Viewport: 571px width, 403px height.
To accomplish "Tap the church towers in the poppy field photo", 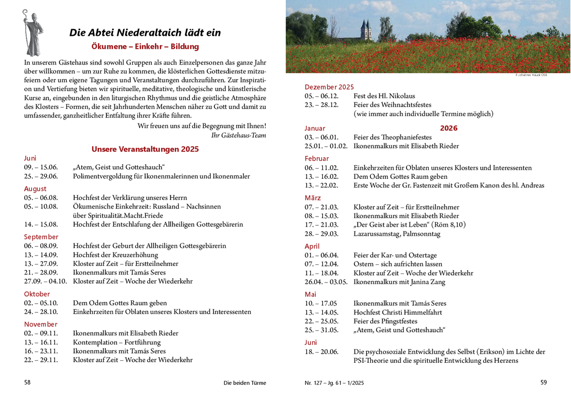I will click(x=366, y=30).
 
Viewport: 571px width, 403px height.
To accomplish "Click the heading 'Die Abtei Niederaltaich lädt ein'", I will click(x=145, y=33).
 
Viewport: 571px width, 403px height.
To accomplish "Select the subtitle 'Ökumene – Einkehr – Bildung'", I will click(x=145, y=46).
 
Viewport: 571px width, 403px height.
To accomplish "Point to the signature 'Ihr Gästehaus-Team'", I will click(x=238, y=135).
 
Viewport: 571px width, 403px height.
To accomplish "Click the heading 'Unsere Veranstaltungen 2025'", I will click(x=145, y=149).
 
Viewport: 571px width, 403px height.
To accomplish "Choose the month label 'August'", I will click(x=35, y=189).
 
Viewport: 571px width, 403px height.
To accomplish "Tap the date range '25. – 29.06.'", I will click(x=41, y=176).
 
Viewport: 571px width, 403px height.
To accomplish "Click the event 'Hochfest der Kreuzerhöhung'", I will click(x=115, y=255).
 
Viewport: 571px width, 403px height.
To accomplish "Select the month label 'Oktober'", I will click(x=37, y=294).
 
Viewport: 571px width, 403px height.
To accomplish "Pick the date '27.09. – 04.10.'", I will click(x=45, y=281).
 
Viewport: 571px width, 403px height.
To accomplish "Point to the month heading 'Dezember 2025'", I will click(x=329, y=87).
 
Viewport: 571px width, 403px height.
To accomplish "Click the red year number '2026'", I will click(x=448, y=128).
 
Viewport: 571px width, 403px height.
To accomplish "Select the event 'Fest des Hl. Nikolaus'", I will click(x=384, y=96).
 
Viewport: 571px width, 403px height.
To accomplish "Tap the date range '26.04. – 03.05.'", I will click(x=326, y=282).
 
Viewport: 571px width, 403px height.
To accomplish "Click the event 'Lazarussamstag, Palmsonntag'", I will click(x=396, y=234).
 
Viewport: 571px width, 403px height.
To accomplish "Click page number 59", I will click(x=543, y=382).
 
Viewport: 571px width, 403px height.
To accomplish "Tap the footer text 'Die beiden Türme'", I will click(x=245, y=383).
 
